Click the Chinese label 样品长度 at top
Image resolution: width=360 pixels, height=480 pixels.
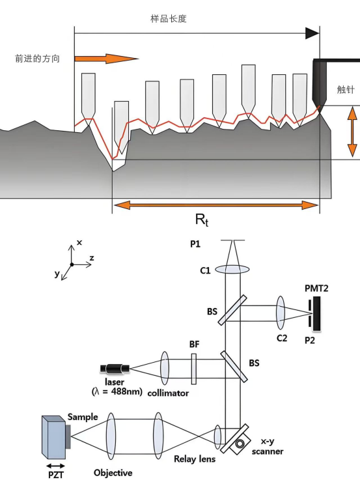[x=168, y=19]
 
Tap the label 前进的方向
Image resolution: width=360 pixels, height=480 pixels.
[x=37, y=58]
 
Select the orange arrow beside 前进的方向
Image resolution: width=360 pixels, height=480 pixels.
[x=107, y=59]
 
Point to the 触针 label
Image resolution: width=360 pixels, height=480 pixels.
[x=346, y=89]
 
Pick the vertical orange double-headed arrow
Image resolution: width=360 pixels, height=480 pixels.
[x=352, y=132]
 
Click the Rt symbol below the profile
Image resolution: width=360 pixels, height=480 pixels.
[x=202, y=219]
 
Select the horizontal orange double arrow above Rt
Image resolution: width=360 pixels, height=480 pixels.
[x=216, y=205]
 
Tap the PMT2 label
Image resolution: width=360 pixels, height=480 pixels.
[x=316, y=288]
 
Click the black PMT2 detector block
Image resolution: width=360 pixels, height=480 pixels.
[x=316, y=313]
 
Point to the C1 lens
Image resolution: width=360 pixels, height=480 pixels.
[x=232, y=270]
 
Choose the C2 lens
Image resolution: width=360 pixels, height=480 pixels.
[x=280, y=313]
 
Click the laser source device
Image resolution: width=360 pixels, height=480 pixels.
[x=115, y=369]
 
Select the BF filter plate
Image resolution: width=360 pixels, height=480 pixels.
[x=193, y=369]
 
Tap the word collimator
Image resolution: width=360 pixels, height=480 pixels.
[x=168, y=393]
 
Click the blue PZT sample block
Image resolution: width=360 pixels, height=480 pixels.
[x=53, y=436]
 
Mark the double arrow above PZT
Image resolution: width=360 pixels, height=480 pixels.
[x=56, y=466]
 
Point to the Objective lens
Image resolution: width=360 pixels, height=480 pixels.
[x=111, y=436]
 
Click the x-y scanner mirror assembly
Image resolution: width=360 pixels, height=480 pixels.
[x=235, y=439]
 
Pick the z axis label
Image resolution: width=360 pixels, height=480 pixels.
[x=91, y=258]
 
